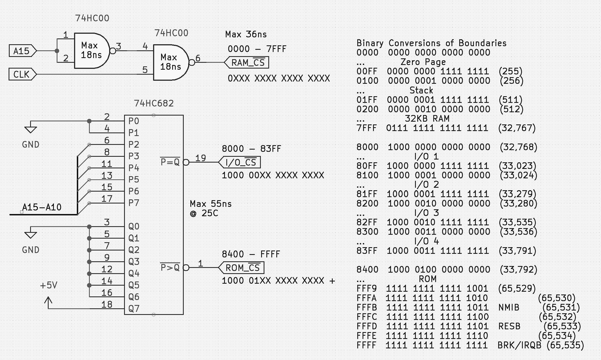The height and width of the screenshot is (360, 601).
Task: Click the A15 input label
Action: (x=22, y=51)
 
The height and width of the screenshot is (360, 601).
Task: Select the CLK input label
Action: (x=22, y=74)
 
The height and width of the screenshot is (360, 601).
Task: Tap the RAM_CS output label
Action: (x=248, y=63)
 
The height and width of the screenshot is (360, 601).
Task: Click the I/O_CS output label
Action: (x=240, y=162)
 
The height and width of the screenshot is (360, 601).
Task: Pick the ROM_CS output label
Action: (x=242, y=268)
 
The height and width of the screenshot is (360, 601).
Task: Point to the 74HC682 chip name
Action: (x=154, y=103)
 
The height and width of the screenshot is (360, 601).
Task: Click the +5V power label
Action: (x=49, y=285)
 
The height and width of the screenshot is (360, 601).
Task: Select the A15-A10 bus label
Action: (x=42, y=207)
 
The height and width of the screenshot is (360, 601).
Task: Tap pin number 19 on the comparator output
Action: (x=201, y=158)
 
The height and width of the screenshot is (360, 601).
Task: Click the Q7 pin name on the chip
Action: (x=134, y=309)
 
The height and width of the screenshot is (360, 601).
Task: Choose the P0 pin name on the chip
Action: (x=134, y=121)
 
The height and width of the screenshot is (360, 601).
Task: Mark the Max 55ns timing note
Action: (x=211, y=204)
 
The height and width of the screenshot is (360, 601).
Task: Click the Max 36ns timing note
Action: (x=246, y=34)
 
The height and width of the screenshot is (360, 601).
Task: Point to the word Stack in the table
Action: (x=421, y=90)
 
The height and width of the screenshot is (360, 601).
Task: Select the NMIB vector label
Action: (x=509, y=307)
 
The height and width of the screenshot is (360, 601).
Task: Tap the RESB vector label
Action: (x=509, y=326)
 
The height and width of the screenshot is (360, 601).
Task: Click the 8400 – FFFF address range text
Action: (x=251, y=254)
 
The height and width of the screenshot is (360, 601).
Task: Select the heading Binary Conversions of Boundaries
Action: (x=431, y=43)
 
